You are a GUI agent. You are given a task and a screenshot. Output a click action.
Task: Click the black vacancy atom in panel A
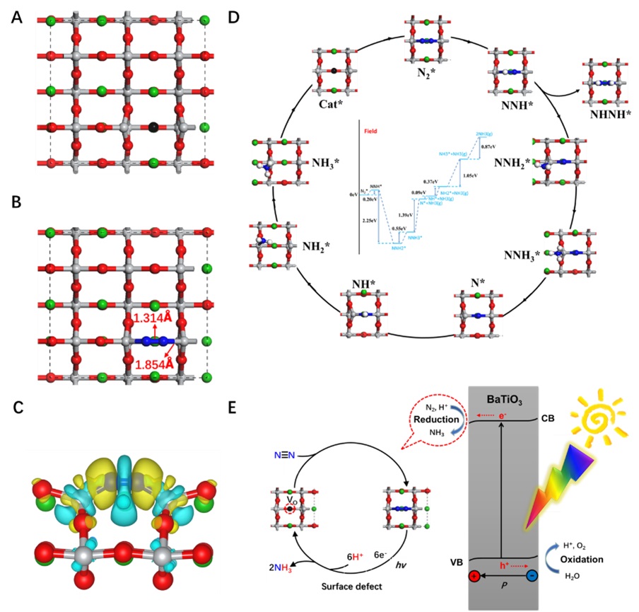[x=153, y=127]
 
